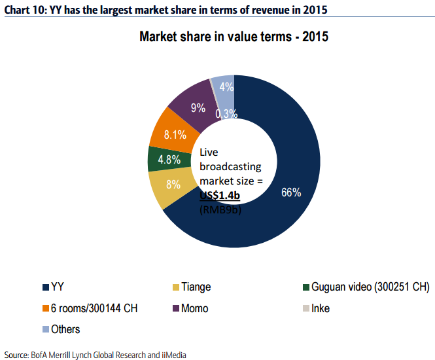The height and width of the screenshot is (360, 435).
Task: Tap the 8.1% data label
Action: click(175, 135)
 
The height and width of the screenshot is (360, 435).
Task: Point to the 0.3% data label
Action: click(225, 113)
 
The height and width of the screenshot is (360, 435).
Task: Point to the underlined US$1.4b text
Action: click(220, 194)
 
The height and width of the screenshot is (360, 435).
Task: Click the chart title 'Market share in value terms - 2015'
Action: click(234, 37)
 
